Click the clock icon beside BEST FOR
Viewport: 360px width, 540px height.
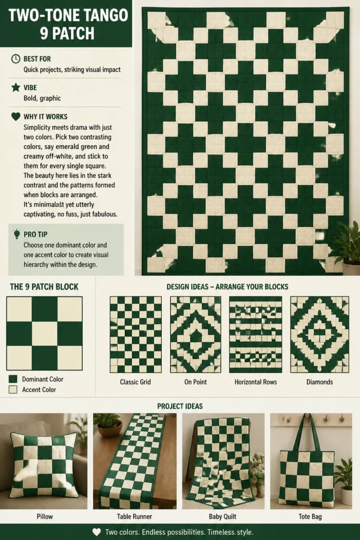[x=15, y=59]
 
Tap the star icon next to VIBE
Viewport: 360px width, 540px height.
[x=15, y=87]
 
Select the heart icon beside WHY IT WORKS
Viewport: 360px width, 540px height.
[x=15, y=117]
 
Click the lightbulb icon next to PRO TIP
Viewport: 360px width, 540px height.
[x=16, y=234]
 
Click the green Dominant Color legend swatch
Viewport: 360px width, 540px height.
[x=13, y=379]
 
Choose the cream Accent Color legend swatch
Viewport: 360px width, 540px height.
[x=13, y=390]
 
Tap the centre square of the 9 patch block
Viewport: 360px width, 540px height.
[x=44, y=334]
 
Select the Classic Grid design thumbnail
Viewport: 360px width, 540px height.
[x=135, y=334]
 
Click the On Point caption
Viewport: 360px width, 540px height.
[x=196, y=382]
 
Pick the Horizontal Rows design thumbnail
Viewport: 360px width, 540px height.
[x=255, y=334]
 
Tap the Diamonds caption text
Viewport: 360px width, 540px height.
[x=319, y=382]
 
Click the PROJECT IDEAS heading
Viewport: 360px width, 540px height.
[x=180, y=406]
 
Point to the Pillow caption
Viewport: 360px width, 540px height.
[x=45, y=517]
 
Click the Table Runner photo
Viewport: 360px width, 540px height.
[x=134, y=461]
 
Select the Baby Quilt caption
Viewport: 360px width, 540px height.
[x=222, y=517]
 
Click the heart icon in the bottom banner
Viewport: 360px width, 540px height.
[x=96, y=532]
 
